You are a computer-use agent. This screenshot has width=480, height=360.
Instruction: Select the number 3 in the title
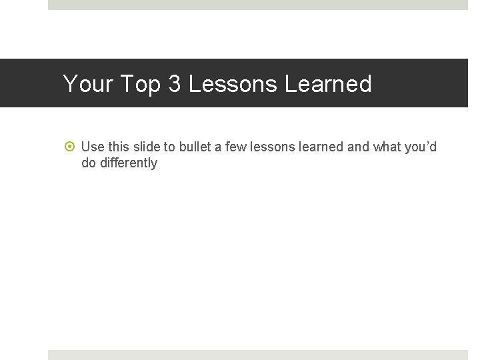click(x=175, y=84)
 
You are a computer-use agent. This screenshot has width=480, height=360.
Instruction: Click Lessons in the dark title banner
click(x=233, y=84)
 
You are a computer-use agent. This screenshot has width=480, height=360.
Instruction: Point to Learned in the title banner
click(x=328, y=84)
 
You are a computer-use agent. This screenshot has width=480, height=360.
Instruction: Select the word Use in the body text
click(x=93, y=147)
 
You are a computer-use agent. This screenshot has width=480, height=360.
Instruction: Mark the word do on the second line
click(x=88, y=163)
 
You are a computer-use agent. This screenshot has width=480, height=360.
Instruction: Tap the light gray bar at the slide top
click(x=258, y=5)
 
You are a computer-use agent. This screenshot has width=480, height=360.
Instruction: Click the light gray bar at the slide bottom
click(x=258, y=355)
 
